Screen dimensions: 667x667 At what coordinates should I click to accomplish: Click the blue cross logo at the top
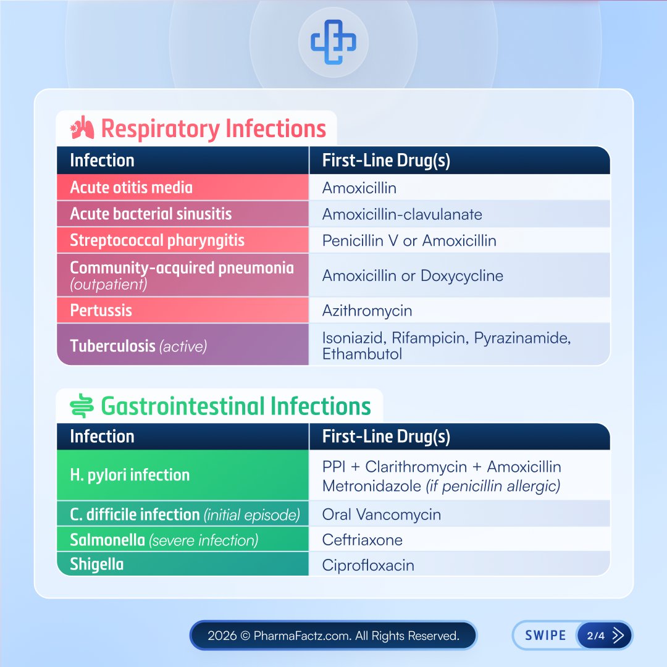pos(333,43)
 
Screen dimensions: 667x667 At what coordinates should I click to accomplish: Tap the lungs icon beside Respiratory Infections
pos(83,129)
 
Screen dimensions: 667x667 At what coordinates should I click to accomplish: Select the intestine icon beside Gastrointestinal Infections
pos(82,406)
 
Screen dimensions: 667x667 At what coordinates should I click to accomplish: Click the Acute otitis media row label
pos(131,187)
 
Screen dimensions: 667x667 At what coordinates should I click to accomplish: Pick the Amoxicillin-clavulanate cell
pos(402,214)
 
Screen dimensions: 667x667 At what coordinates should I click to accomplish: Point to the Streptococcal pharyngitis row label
pos(157,240)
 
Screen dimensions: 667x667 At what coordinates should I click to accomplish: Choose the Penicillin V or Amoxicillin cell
pos(409,240)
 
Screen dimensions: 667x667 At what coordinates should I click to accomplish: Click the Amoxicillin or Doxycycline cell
pos(413,275)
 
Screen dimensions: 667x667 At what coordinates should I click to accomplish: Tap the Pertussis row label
pos(101,310)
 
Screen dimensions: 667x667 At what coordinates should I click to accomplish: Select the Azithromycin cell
pos(367,310)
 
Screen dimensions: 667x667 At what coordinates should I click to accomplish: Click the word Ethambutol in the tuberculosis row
pos(362,354)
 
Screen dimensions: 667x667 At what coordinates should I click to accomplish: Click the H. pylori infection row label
pos(130,475)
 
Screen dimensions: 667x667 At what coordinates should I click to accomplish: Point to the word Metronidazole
pos(371,486)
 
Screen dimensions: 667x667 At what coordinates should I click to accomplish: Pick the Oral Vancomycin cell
pos(381,514)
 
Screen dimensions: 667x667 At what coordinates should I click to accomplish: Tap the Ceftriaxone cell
pos(362,540)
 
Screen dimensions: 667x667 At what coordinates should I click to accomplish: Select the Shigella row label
pos(96,564)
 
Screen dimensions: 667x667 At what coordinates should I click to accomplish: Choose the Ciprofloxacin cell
pos(368,565)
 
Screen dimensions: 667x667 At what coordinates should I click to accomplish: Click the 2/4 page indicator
pos(596,636)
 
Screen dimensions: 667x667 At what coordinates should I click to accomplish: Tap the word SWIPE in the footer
pos(545,636)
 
